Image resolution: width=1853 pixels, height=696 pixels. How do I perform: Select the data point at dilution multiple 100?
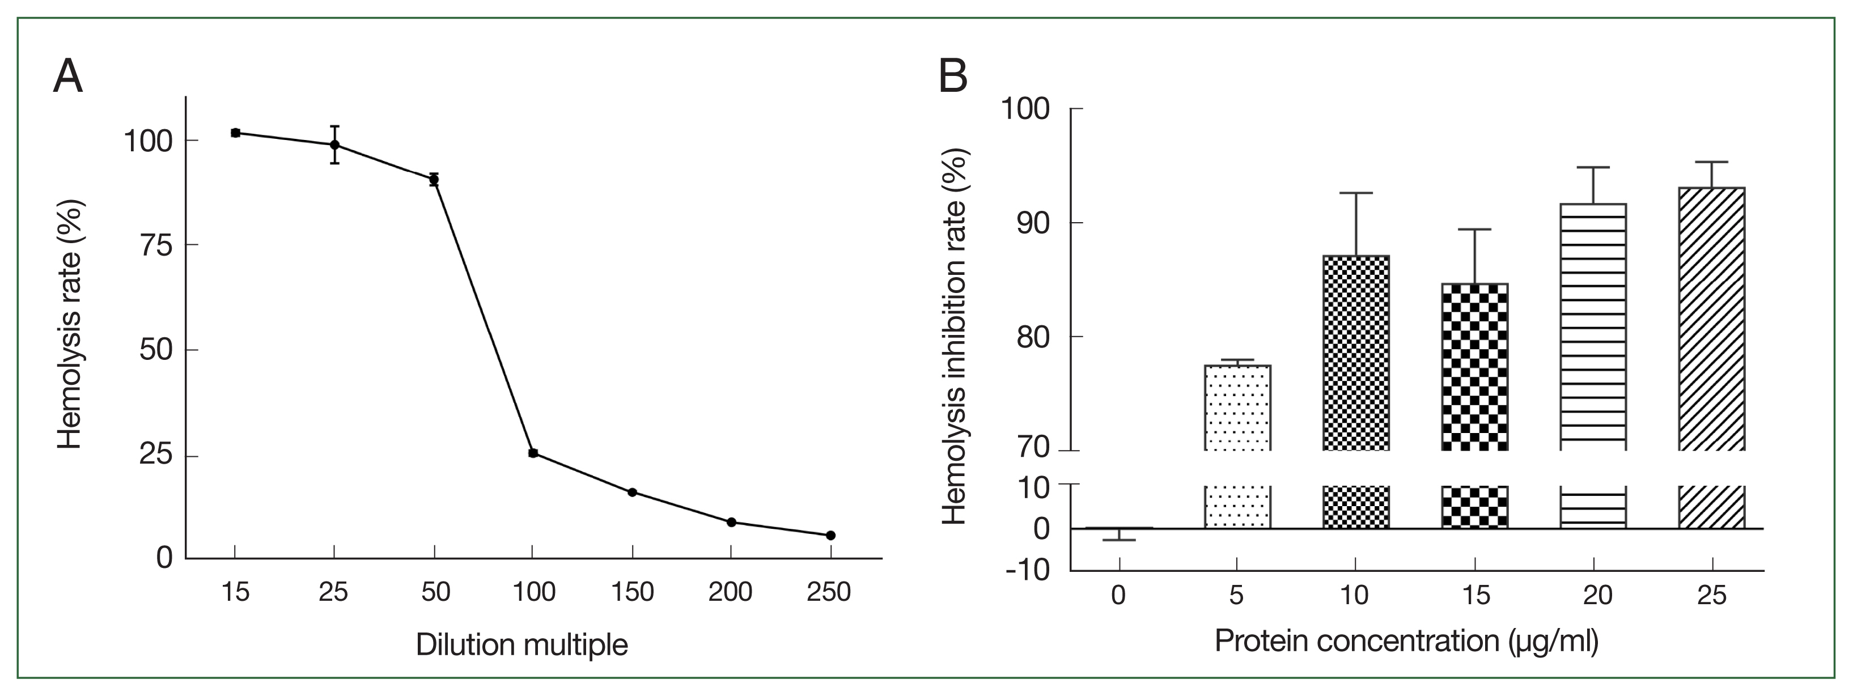click(x=533, y=453)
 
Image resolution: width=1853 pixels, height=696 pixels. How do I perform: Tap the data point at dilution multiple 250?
click(x=831, y=536)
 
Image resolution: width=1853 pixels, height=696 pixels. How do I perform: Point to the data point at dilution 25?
click(x=334, y=145)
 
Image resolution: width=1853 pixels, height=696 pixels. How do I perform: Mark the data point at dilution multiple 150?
click(x=632, y=493)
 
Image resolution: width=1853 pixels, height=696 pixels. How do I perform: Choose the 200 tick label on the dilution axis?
click(x=730, y=592)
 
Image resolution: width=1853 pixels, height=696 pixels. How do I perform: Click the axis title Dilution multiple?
click(x=521, y=645)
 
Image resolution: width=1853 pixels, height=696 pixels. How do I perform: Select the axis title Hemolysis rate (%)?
click(x=70, y=325)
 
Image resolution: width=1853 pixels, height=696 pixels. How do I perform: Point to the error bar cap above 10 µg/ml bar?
click(x=1356, y=193)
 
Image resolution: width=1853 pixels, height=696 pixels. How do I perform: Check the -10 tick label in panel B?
click(x=1027, y=570)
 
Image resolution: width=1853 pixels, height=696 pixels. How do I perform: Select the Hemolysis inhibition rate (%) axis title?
click(x=955, y=337)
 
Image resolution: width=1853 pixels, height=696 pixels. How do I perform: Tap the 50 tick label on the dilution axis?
click(x=435, y=592)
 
